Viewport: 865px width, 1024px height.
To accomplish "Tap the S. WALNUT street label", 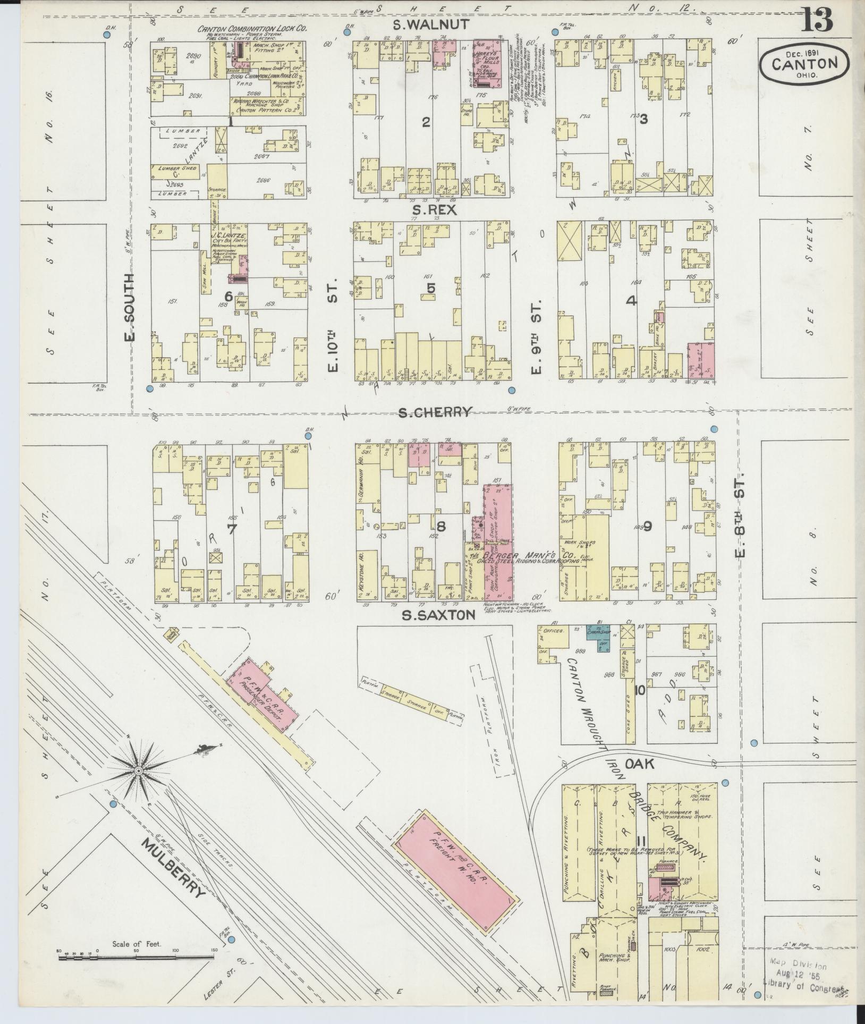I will coord(431,24).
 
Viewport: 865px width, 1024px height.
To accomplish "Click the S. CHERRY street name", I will coord(435,412).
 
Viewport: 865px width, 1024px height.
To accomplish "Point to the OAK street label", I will coord(645,765).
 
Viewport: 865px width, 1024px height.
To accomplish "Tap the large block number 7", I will coord(231,529).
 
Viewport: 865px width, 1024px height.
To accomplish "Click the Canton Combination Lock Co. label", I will coord(252,29).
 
